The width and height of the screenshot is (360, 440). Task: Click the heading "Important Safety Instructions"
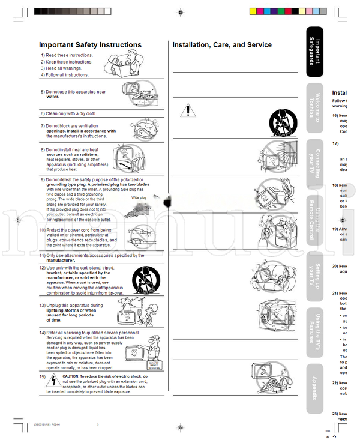(90, 45)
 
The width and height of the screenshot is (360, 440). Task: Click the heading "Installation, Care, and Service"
(222, 45)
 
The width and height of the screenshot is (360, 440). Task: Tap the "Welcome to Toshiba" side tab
(314, 110)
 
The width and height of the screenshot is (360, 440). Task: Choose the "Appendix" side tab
(314, 388)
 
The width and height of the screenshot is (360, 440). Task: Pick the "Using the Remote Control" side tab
(314, 218)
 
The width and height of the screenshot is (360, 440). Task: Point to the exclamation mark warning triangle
(188, 110)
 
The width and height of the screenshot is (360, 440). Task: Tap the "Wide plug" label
(139, 197)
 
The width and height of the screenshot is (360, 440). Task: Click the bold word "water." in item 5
(53, 97)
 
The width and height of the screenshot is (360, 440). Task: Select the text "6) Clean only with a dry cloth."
(68, 113)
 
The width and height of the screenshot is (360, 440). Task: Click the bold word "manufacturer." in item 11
(61, 261)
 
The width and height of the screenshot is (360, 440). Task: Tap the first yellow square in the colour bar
(252, 11)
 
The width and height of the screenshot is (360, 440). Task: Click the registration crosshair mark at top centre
(180, 11)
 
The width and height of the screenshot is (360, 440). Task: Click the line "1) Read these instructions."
(67, 55)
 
